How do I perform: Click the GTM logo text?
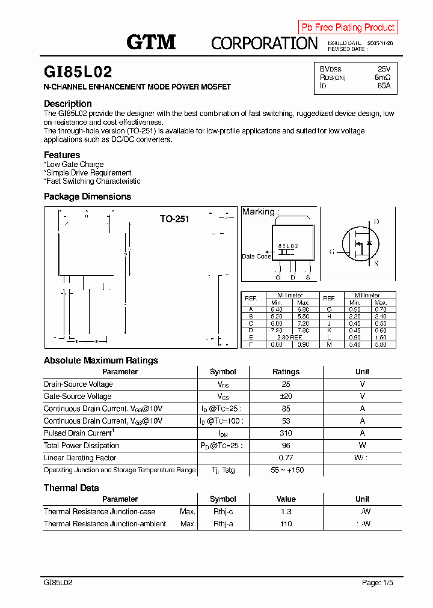[x=151, y=41]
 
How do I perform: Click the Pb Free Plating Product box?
[x=348, y=27]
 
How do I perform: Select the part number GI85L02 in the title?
[x=78, y=72]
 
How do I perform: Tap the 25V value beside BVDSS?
[x=384, y=69]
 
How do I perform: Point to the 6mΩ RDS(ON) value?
[x=382, y=78]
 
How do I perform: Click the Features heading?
[x=62, y=155]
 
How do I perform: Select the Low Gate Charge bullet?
[x=74, y=164]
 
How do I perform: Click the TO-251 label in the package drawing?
[x=174, y=219]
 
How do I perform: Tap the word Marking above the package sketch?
[x=258, y=211]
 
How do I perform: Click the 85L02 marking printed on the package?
[x=288, y=246]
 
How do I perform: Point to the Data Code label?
[x=256, y=257]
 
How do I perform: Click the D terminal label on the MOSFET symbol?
[x=376, y=222]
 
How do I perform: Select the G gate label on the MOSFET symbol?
[x=331, y=251]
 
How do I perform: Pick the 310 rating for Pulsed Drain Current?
[x=286, y=433]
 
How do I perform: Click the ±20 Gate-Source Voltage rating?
[x=286, y=397]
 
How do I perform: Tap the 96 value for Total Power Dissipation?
[x=286, y=446]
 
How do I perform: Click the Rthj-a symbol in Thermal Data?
[x=223, y=524]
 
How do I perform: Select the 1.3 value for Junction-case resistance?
[x=286, y=512]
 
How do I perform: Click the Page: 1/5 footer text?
[x=378, y=583]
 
